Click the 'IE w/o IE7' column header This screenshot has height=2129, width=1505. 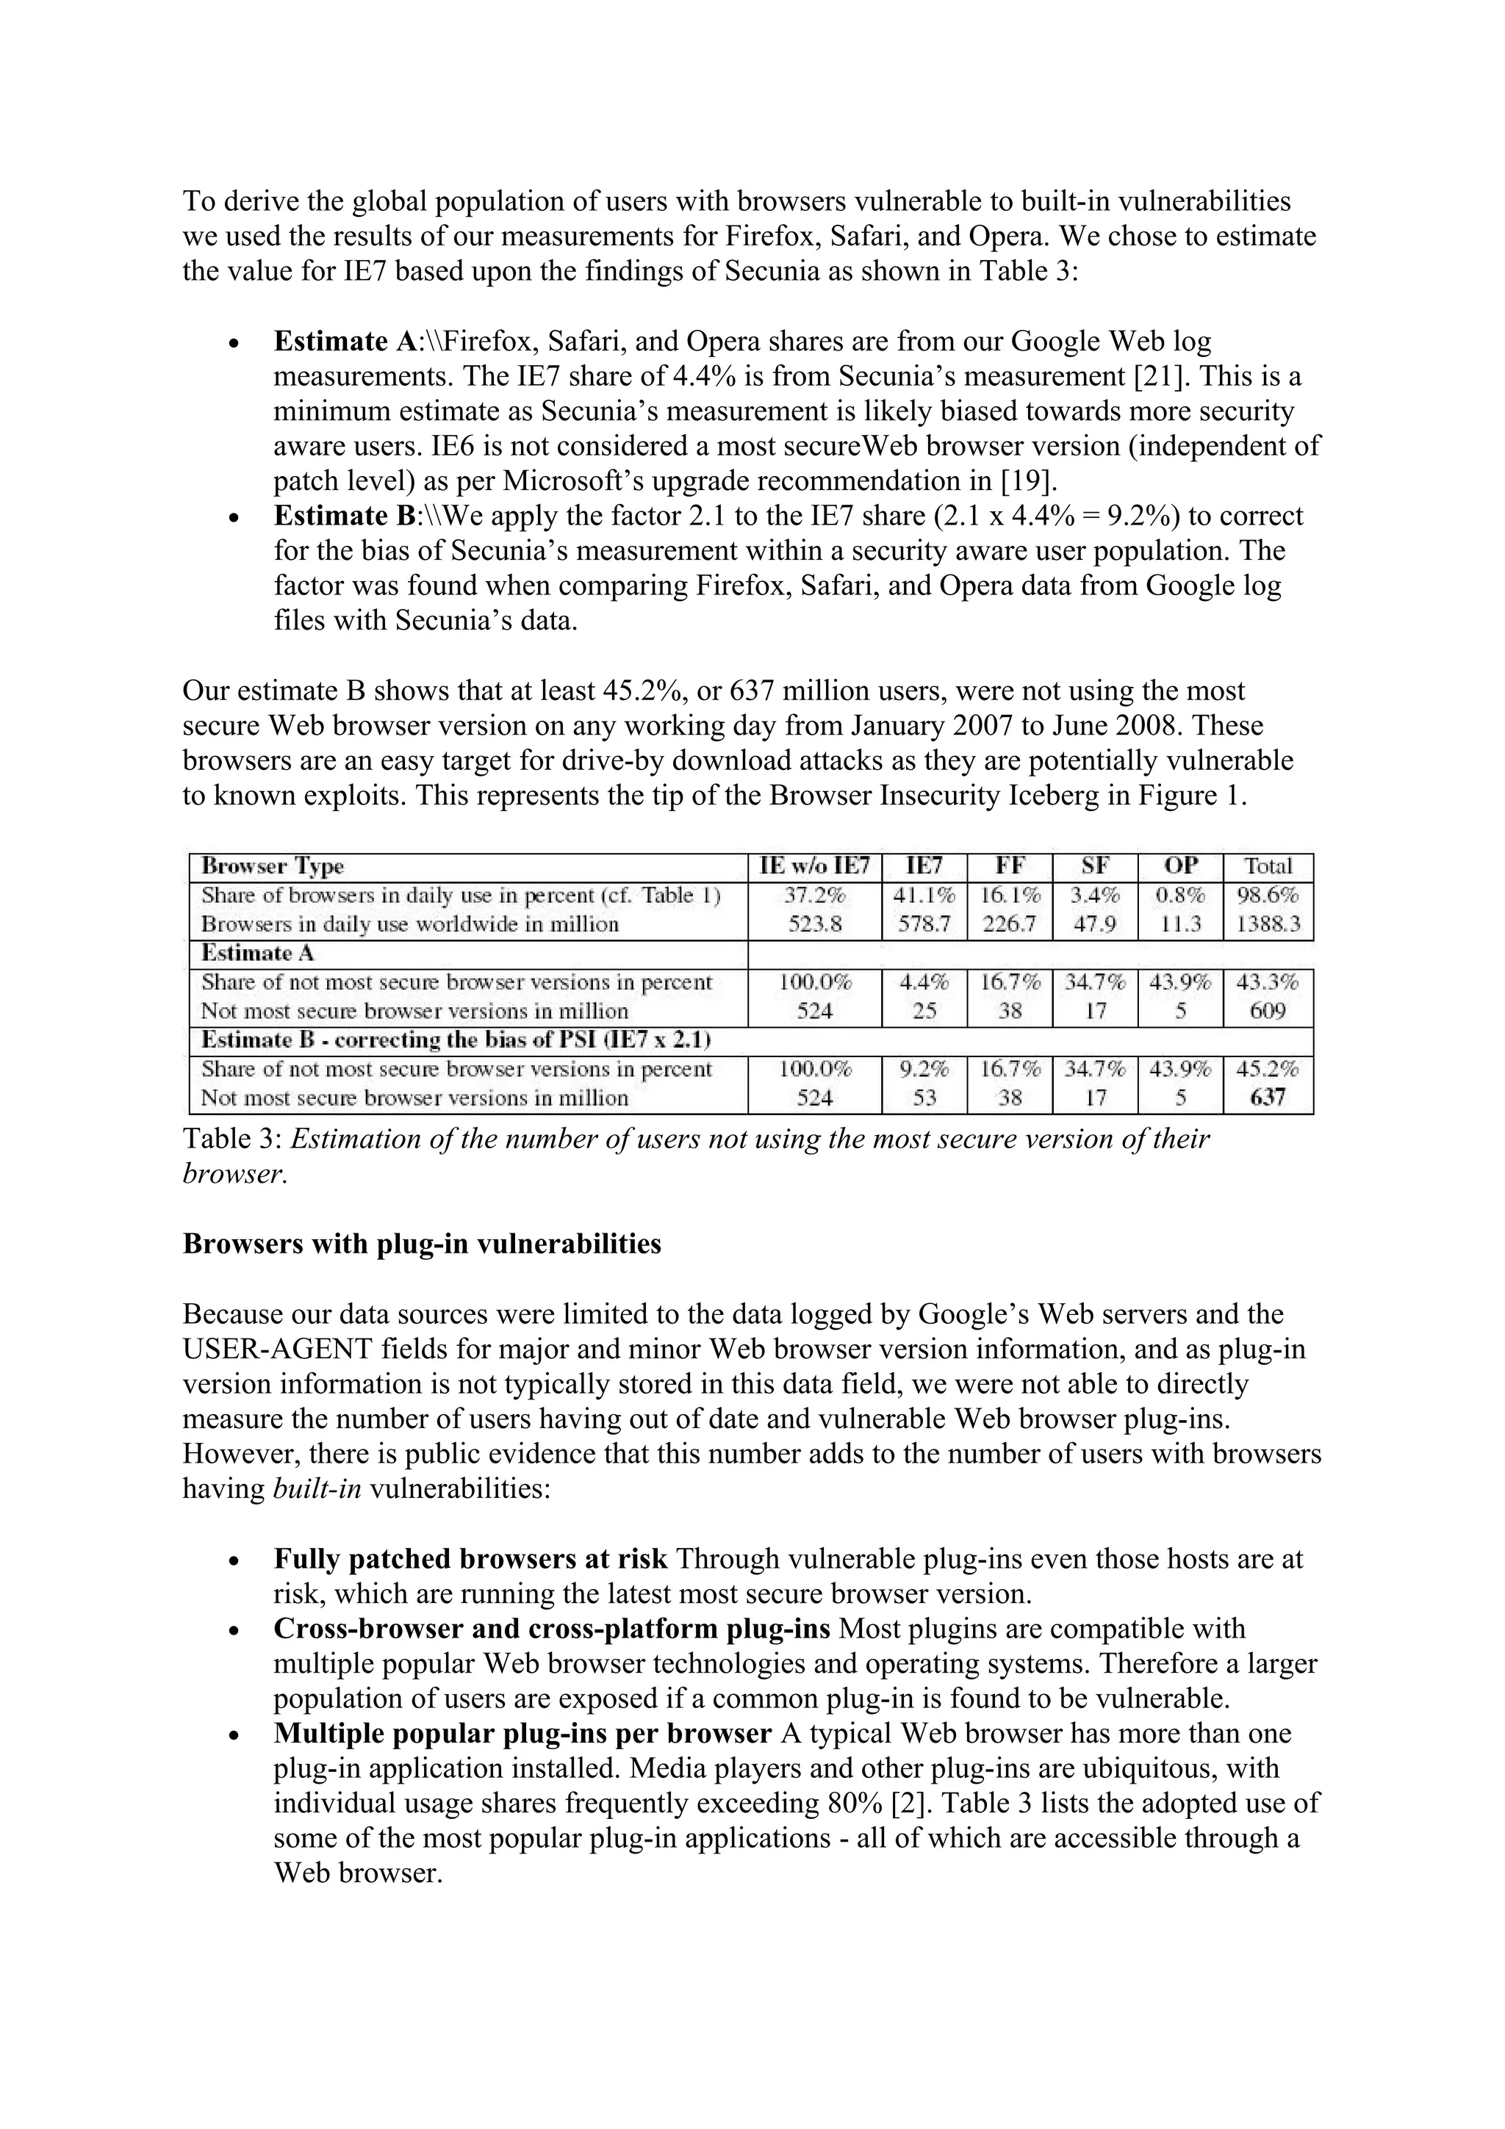click(x=814, y=866)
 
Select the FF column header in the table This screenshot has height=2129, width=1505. click(x=1009, y=866)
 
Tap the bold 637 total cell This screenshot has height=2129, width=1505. click(x=1268, y=1097)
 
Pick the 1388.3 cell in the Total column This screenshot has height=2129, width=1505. click(x=1268, y=923)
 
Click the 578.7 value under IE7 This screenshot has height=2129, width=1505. click(x=924, y=923)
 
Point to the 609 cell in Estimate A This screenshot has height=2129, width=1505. click(x=1268, y=1011)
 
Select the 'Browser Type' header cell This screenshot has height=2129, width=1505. click(x=273, y=866)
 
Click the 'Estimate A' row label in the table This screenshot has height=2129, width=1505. click(x=247, y=954)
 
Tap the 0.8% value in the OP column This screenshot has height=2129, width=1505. click(x=1180, y=895)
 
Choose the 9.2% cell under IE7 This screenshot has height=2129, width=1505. click(x=924, y=1068)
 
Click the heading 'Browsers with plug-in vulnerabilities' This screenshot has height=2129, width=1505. click(x=422, y=1244)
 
